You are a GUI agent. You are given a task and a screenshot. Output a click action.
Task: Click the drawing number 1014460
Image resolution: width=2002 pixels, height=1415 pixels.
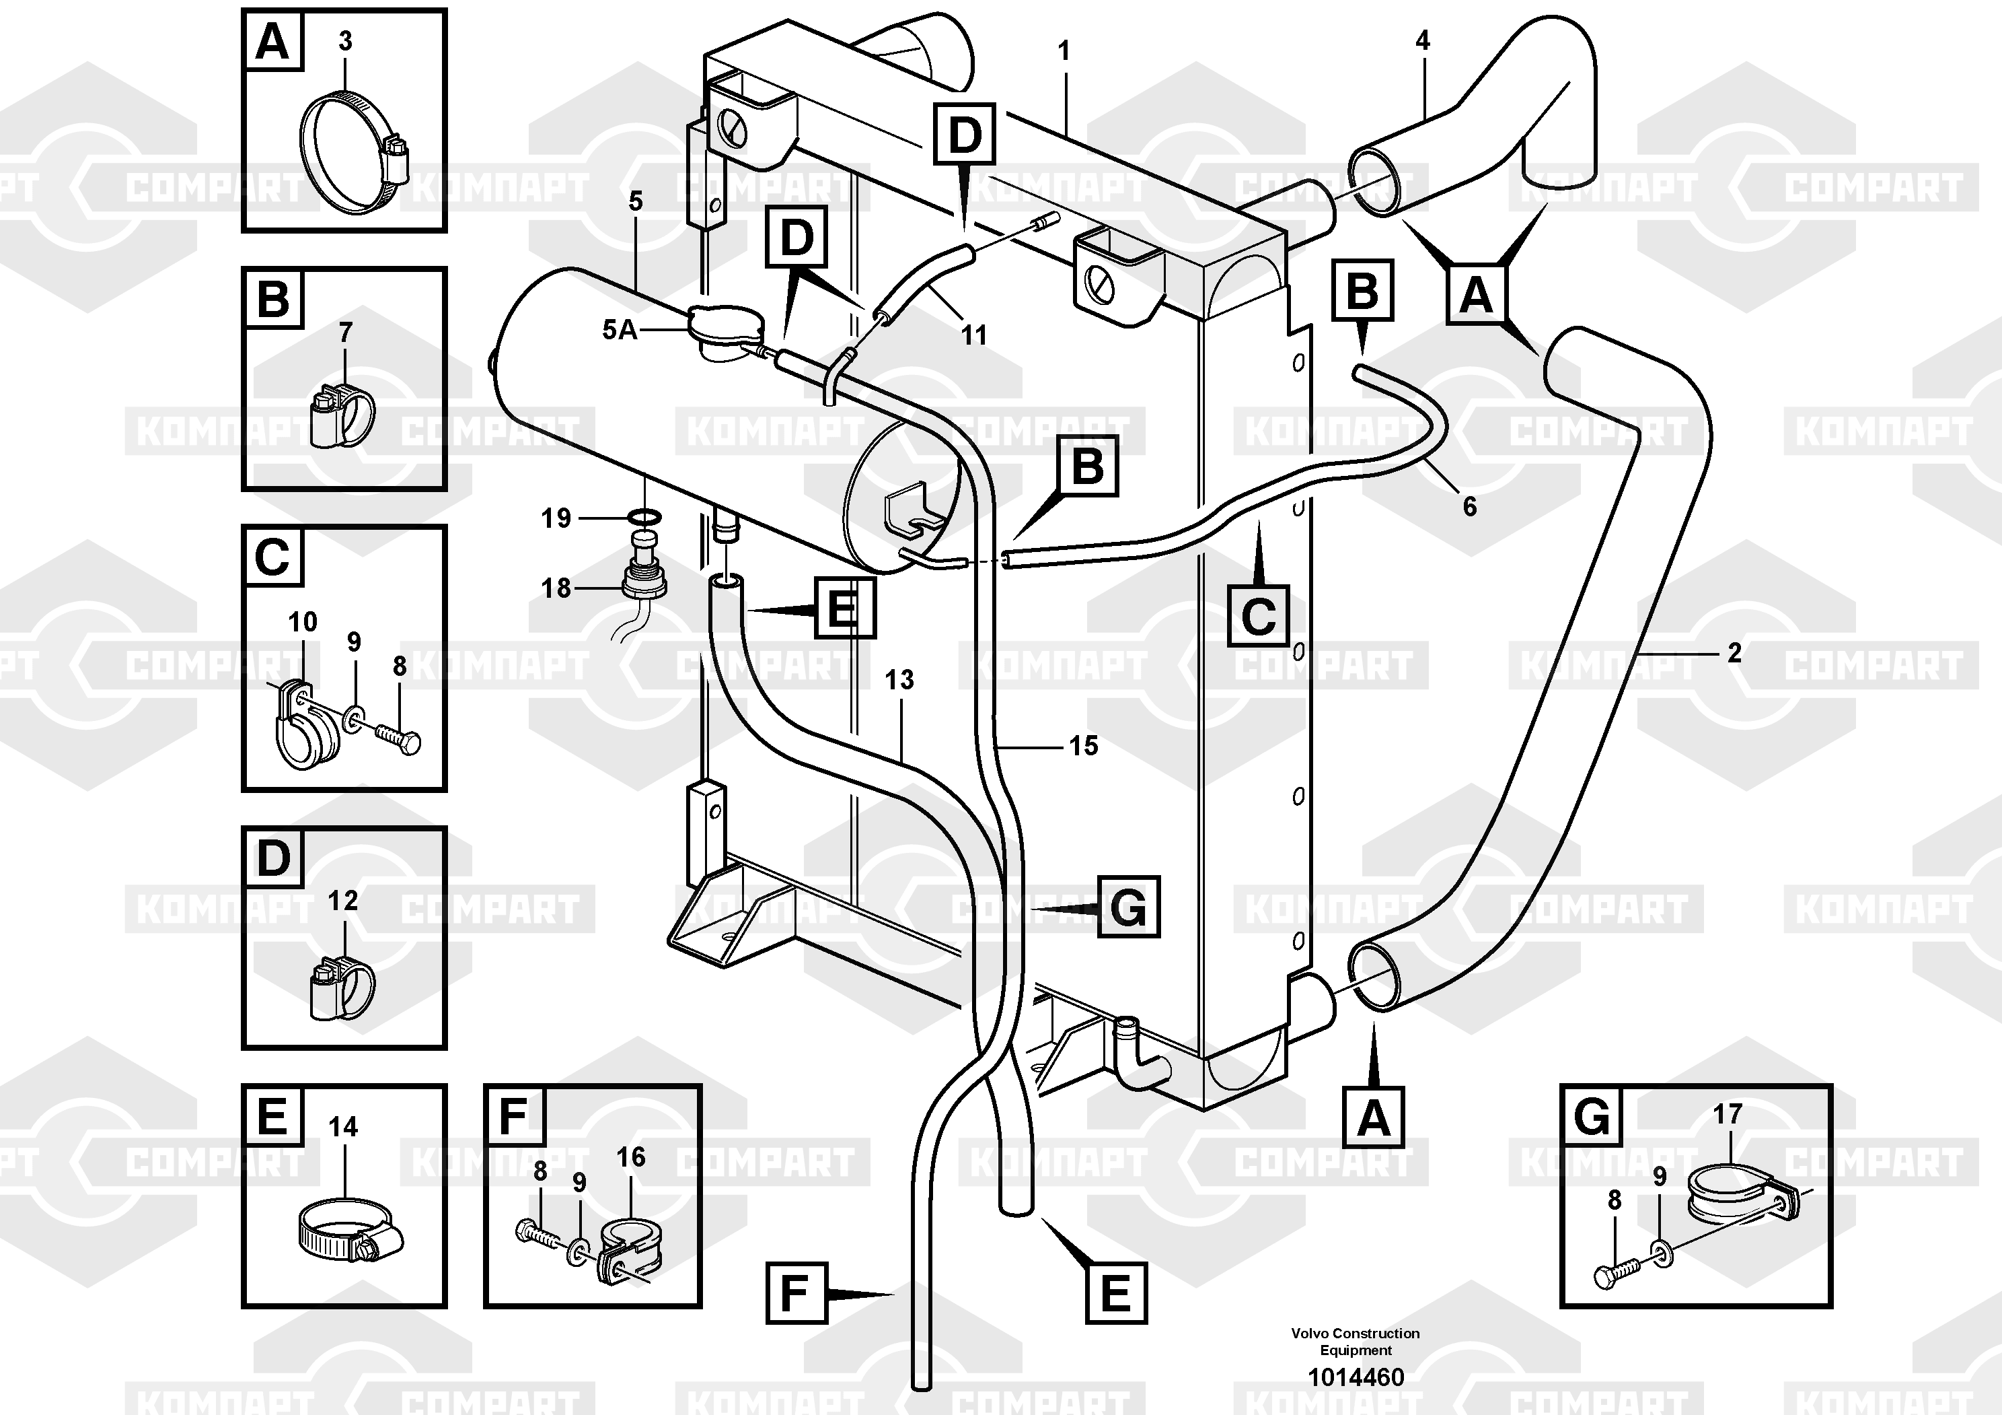(x=1355, y=1377)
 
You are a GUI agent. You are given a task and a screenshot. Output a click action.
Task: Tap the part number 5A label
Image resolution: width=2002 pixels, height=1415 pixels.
(x=620, y=330)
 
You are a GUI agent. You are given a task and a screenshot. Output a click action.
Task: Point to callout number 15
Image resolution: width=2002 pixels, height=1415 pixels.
(x=1083, y=745)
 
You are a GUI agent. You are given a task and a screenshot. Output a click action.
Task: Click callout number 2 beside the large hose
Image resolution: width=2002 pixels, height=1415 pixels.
(x=1734, y=652)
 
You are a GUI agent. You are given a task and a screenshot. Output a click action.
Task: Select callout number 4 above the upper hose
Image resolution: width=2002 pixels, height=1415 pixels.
(x=1422, y=40)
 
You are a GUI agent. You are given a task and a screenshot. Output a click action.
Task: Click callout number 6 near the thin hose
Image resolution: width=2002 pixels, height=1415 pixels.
(x=1469, y=507)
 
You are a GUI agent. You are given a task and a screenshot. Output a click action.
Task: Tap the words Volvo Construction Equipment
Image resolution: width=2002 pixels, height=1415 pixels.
(x=1355, y=1341)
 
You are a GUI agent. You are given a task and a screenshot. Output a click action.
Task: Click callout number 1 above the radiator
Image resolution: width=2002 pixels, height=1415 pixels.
(x=1063, y=51)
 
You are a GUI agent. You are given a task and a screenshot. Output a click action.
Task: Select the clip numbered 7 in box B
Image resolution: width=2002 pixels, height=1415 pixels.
(x=342, y=415)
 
